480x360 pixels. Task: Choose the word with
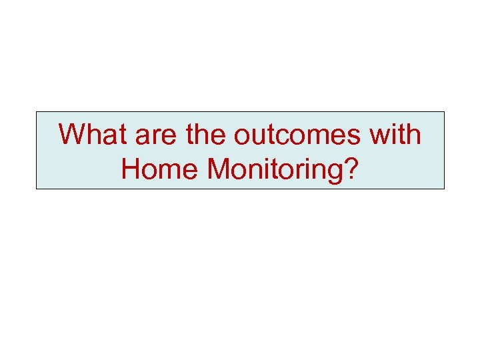397,135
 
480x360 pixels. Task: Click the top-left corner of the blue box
36,111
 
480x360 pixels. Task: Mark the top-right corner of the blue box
444,111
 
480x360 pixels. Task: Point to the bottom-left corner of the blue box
36,189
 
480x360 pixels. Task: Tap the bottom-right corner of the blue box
444,189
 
